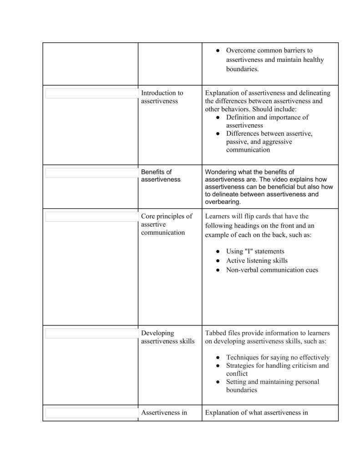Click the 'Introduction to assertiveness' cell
click(x=162, y=97)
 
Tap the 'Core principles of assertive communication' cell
click(x=166, y=225)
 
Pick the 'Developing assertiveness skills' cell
click(x=167, y=337)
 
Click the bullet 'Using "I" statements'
click(x=255, y=251)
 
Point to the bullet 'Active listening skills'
click(x=257, y=261)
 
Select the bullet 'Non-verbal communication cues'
click(x=272, y=270)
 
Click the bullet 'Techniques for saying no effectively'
click(x=278, y=358)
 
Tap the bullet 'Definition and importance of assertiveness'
click(x=267, y=121)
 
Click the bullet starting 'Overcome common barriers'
click(x=275, y=60)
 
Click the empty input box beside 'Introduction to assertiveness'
click(x=91, y=93)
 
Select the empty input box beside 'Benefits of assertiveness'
click(x=91, y=173)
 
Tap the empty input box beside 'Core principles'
click(x=91, y=217)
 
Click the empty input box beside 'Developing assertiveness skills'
click(x=91, y=333)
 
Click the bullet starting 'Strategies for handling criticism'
click(x=277, y=369)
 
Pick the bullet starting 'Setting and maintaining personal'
click(x=272, y=386)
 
